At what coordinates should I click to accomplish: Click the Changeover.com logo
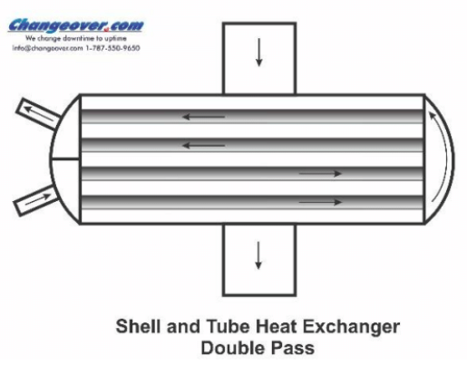75,25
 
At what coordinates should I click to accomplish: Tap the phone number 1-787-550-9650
112,48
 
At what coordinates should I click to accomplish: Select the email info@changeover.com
47,48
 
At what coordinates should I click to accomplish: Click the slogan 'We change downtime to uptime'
76,38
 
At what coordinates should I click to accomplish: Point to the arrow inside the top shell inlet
258,53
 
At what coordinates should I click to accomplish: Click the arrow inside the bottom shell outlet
258,255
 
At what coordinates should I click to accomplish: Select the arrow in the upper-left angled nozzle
39,113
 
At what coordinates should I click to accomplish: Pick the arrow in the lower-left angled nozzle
38,199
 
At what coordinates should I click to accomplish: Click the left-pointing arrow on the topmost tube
204,117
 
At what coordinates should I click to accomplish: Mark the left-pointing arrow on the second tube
204,146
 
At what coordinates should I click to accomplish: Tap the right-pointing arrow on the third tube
320,173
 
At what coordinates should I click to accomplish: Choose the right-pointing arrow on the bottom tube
320,202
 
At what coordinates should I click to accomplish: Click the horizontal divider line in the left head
65,159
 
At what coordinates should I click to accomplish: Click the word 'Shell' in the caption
139,326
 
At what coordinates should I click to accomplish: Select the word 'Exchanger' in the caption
351,327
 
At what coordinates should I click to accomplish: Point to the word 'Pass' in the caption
293,348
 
